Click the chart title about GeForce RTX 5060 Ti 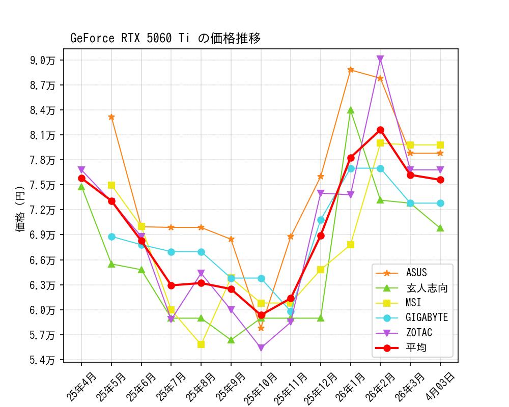pyautogui.click(x=165, y=38)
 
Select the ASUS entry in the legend pyautogui.click(x=416, y=273)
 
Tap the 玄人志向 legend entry pyautogui.click(x=427, y=288)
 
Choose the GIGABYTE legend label pyautogui.click(x=427, y=318)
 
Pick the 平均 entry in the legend pyautogui.click(x=416, y=348)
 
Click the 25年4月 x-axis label pyautogui.click(x=81, y=387)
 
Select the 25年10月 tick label pyautogui.click(x=260, y=389)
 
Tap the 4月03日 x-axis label pyautogui.click(x=440, y=387)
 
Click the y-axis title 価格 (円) pyautogui.click(x=20, y=209)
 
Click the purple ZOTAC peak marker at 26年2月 pyautogui.click(x=380, y=59)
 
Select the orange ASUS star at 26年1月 pyautogui.click(x=351, y=70)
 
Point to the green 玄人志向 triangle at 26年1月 pyautogui.click(x=351, y=110)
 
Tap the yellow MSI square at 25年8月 pyautogui.click(x=201, y=344)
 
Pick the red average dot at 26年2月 pyautogui.click(x=380, y=130)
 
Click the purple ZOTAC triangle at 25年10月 pyautogui.click(x=261, y=348)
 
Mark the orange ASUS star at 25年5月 pyautogui.click(x=111, y=117)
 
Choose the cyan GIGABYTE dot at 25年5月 pyautogui.click(x=111, y=237)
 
